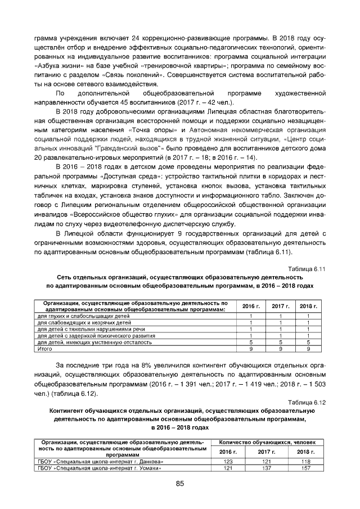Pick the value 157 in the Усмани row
tap(305, 468)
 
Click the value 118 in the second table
tap(305, 461)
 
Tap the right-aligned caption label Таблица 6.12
tap(307, 402)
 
